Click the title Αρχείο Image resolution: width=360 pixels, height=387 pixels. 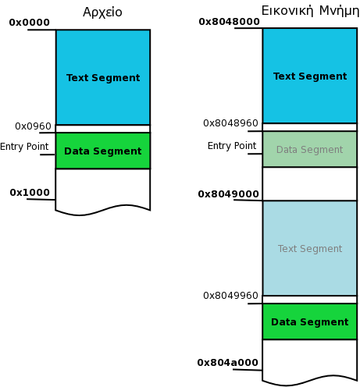tap(102, 12)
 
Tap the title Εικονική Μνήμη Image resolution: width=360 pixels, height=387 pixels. tap(310, 11)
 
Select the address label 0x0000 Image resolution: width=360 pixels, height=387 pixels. tap(30, 23)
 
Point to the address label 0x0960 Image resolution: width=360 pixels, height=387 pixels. tap(33, 126)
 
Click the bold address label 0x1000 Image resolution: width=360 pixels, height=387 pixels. tap(30, 193)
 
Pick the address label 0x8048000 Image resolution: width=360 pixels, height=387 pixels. tap(230, 22)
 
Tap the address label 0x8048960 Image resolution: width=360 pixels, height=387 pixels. tap(230, 123)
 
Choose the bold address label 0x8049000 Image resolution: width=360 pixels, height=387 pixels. tap(229, 194)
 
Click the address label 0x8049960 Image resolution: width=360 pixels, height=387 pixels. tap(230, 296)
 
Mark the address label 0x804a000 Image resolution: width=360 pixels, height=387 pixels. tap(228, 363)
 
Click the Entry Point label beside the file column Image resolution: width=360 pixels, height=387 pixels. tap(24, 147)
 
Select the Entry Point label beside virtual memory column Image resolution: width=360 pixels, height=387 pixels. tap(232, 146)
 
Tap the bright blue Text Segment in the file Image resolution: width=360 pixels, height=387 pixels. tap(103, 77)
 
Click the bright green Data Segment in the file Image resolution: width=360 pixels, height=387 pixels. tap(103, 151)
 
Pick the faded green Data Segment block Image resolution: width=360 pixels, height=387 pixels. tap(310, 149)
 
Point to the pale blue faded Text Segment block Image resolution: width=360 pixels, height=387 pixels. tap(310, 248)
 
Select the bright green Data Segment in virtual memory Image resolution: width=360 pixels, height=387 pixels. tap(310, 321)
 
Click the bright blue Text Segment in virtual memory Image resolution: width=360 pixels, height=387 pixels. tap(310, 76)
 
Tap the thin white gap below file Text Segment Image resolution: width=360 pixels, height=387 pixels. tap(103, 129)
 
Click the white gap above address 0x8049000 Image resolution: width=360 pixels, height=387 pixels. tap(310, 183)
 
